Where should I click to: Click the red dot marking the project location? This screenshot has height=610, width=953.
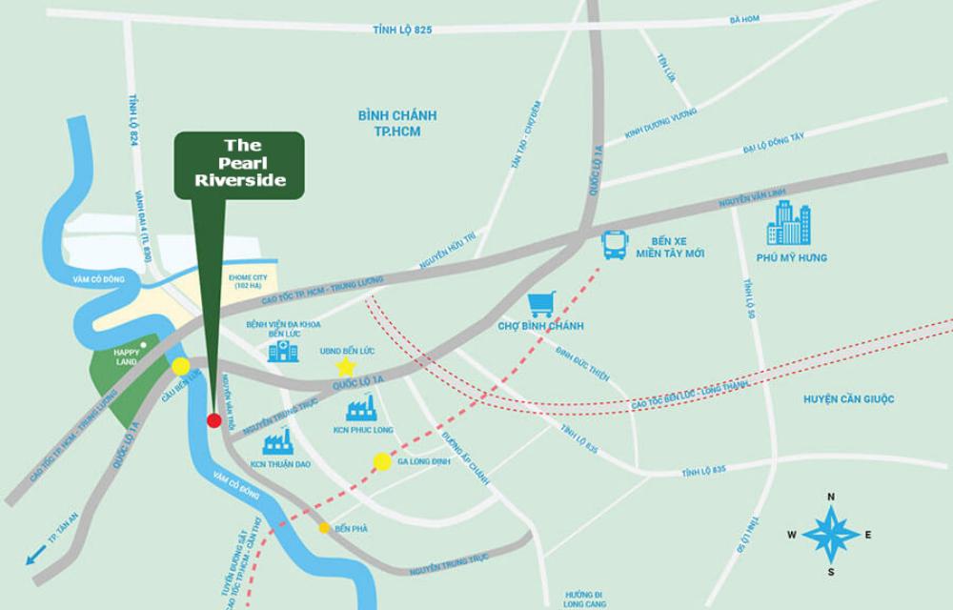214,420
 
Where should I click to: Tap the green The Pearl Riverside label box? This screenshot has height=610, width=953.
239,165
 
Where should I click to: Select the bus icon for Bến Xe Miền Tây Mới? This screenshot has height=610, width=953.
616,246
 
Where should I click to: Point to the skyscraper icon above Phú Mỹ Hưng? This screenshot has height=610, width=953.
789,224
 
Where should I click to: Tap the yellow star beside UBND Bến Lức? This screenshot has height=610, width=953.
345,367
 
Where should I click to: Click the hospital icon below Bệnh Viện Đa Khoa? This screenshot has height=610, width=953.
282,353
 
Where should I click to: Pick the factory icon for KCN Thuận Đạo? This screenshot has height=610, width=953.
276,440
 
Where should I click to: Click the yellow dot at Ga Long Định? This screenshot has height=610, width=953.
382,462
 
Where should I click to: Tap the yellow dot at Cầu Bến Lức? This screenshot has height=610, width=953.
180,366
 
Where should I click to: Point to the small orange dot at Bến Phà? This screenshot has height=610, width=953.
325,527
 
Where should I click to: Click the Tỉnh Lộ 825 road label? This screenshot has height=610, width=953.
402,30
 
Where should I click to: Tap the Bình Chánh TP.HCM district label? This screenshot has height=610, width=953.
397,122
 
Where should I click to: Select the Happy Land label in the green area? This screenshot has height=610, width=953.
126,356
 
